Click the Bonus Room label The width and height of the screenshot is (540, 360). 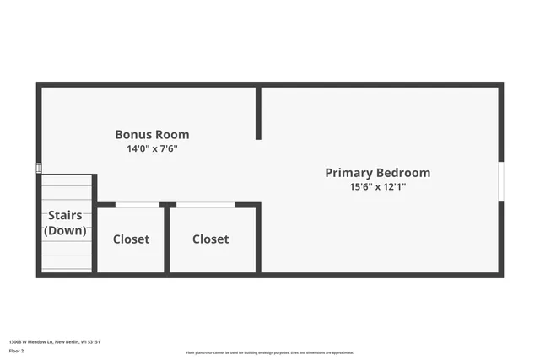[x=152, y=134]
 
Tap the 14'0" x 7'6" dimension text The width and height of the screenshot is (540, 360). [x=152, y=148]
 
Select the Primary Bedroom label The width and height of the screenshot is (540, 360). [x=377, y=172]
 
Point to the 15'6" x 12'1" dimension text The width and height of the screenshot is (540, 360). [x=377, y=186]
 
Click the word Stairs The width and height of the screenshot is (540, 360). [x=65, y=216]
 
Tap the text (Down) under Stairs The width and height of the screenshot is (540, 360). [x=65, y=230]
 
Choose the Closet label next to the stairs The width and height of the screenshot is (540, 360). [x=131, y=239]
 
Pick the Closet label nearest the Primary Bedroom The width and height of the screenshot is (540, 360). [x=210, y=239]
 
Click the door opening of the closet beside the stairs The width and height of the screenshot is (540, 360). [x=137, y=205]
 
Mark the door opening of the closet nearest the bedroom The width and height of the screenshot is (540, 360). [x=205, y=205]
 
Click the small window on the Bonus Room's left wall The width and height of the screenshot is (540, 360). [x=39, y=169]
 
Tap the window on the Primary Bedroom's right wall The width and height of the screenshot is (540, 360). [x=500, y=181]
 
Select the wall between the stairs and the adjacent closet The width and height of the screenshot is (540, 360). [x=94, y=223]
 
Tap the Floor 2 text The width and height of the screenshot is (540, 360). [x=17, y=352]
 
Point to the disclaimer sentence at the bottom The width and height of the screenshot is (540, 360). [x=270, y=352]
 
